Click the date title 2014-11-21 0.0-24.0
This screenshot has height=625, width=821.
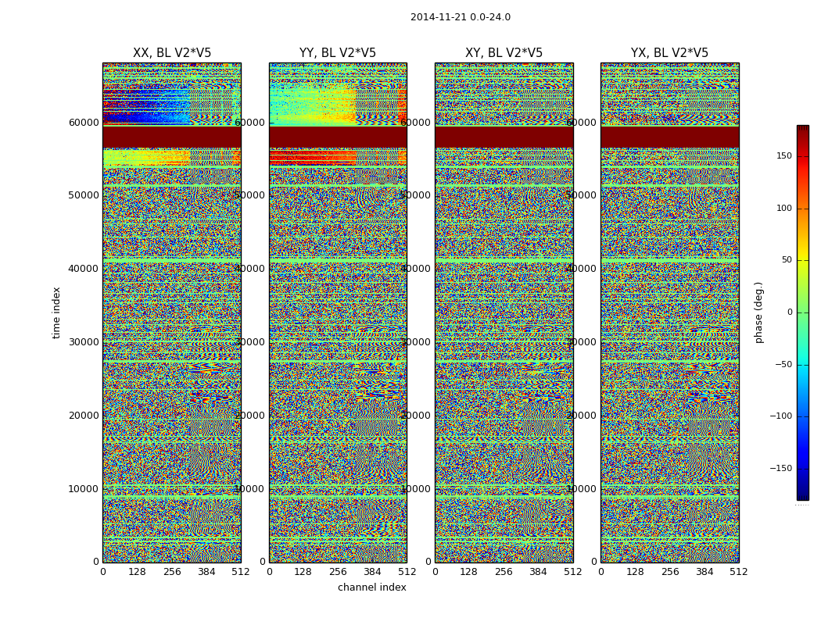tap(460, 17)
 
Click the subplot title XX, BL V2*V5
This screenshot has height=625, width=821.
tap(172, 53)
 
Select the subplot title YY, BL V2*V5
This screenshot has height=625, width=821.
tap(338, 53)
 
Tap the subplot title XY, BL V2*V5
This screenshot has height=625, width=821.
tap(504, 53)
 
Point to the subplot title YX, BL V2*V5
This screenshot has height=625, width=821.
tap(669, 53)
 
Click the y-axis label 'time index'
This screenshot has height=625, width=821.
tap(56, 312)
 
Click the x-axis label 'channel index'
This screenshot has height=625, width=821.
tap(371, 587)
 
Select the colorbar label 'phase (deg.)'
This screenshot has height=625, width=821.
tap(758, 312)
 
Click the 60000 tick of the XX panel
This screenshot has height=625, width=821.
tap(84, 123)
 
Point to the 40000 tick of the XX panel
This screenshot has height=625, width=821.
tap(84, 269)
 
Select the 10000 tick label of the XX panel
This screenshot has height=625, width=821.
tap(84, 489)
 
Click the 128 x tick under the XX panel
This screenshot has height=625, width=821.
tap(137, 572)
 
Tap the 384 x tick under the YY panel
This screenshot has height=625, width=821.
tap(372, 572)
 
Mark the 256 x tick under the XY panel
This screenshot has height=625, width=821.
tap(504, 572)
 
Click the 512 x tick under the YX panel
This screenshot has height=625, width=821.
tap(738, 572)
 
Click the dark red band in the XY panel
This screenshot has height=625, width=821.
tap(504, 137)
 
